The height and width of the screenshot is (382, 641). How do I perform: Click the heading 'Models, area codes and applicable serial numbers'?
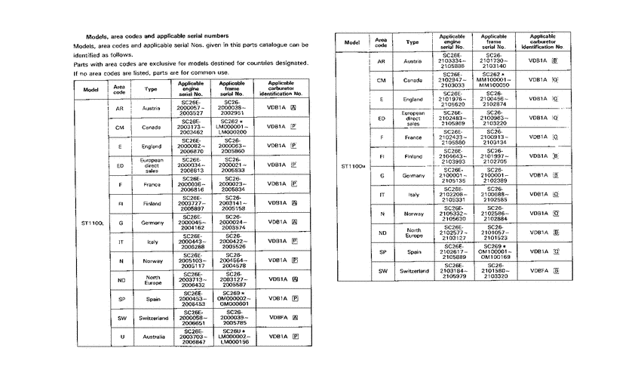(156, 36)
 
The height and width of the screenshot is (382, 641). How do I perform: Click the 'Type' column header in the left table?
(152, 88)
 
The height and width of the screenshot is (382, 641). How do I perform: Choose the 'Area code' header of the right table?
(382, 42)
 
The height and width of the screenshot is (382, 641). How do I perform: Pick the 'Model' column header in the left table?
(92, 88)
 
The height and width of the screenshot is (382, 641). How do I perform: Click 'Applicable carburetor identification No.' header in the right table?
(543, 42)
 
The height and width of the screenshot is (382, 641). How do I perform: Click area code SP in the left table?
(121, 300)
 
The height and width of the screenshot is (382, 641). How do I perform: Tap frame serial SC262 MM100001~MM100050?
(494, 79)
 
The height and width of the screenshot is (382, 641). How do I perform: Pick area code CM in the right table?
(382, 79)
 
